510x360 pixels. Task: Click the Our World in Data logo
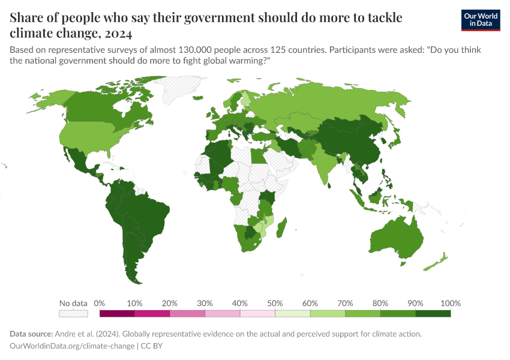coord(480,20)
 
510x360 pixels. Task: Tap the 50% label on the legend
coord(275,303)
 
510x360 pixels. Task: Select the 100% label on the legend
coord(450,303)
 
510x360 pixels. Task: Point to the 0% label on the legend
coord(100,303)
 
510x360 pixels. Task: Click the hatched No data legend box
coord(74,313)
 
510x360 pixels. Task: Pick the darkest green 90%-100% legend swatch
coord(433,313)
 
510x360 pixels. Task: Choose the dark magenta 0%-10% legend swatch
coord(117,313)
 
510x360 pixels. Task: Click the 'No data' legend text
coord(73,303)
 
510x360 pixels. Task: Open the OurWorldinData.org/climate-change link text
coord(73,346)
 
